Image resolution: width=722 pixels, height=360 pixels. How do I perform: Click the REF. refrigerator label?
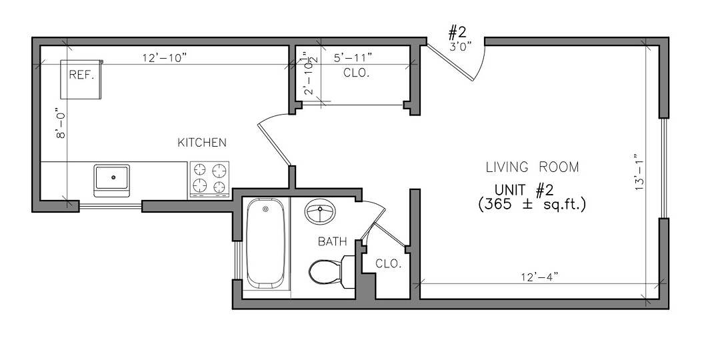pyautogui.click(x=81, y=75)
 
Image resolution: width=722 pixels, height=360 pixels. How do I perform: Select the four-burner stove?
pyautogui.click(x=209, y=179)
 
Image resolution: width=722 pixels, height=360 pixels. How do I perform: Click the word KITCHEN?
pyautogui.click(x=202, y=143)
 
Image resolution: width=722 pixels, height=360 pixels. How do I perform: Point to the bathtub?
pyautogui.click(x=265, y=243)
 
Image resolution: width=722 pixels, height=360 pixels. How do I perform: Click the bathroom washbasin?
pyautogui.click(x=320, y=212)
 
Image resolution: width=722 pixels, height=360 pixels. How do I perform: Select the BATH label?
pyautogui.click(x=333, y=242)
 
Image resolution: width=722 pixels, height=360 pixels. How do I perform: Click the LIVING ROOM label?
pyautogui.click(x=532, y=167)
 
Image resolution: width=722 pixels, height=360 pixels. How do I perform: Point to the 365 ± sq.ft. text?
pyautogui.click(x=532, y=204)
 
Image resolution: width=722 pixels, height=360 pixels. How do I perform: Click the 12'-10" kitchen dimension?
pyautogui.click(x=165, y=58)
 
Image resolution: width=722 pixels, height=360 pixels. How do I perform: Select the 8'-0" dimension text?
pyautogui.click(x=59, y=123)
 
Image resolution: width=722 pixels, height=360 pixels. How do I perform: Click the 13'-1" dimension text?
pyautogui.click(x=638, y=173)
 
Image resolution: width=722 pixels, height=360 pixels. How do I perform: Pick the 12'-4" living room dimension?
pyautogui.click(x=539, y=277)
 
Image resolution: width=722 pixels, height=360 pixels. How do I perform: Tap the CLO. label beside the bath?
pyautogui.click(x=389, y=264)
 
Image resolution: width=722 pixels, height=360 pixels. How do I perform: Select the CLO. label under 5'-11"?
pyautogui.click(x=357, y=73)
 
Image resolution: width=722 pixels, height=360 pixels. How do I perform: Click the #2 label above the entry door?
pyautogui.click(x=458, y=33)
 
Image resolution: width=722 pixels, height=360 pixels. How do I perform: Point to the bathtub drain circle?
pyautogui.click(x=265, y=209)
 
